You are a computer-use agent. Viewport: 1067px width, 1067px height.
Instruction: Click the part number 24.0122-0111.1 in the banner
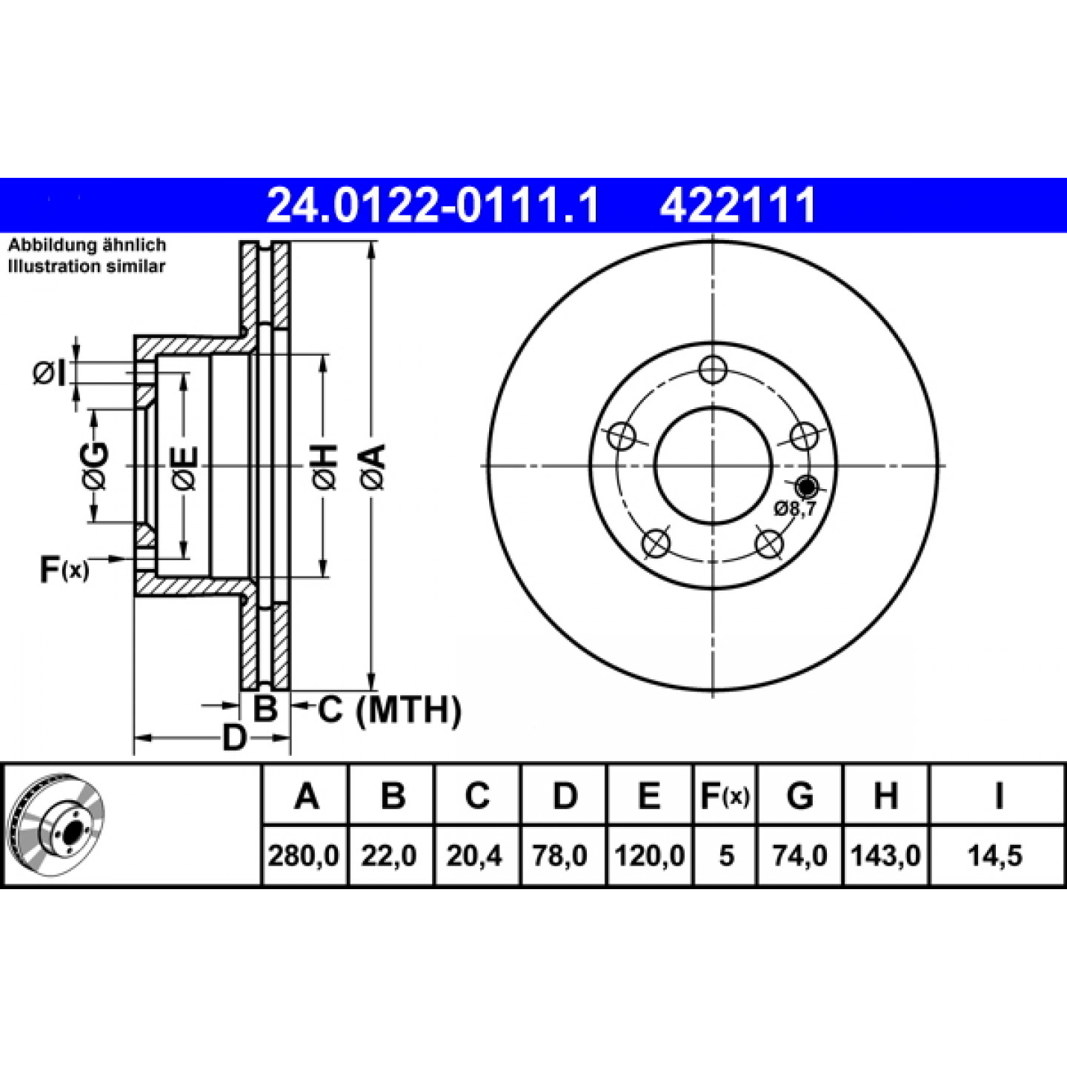coord(433,205)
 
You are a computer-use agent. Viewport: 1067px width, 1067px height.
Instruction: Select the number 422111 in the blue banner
coord(738,205)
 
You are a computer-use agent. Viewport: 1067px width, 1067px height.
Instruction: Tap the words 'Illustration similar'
coord(87,266)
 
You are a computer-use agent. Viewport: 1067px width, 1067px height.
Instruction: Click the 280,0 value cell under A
coord(304,856)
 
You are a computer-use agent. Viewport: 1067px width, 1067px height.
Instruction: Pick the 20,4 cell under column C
coord(474,856)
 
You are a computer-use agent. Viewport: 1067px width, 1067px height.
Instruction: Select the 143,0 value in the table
coord(885,856)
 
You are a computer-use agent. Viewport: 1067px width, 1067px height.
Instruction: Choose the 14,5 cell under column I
coord(994,856)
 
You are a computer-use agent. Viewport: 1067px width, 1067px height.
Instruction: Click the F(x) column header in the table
coord(725,796)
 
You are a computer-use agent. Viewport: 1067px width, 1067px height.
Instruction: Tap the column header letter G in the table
coord(800,796)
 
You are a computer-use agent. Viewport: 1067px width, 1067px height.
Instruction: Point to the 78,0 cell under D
coord(559,856)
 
